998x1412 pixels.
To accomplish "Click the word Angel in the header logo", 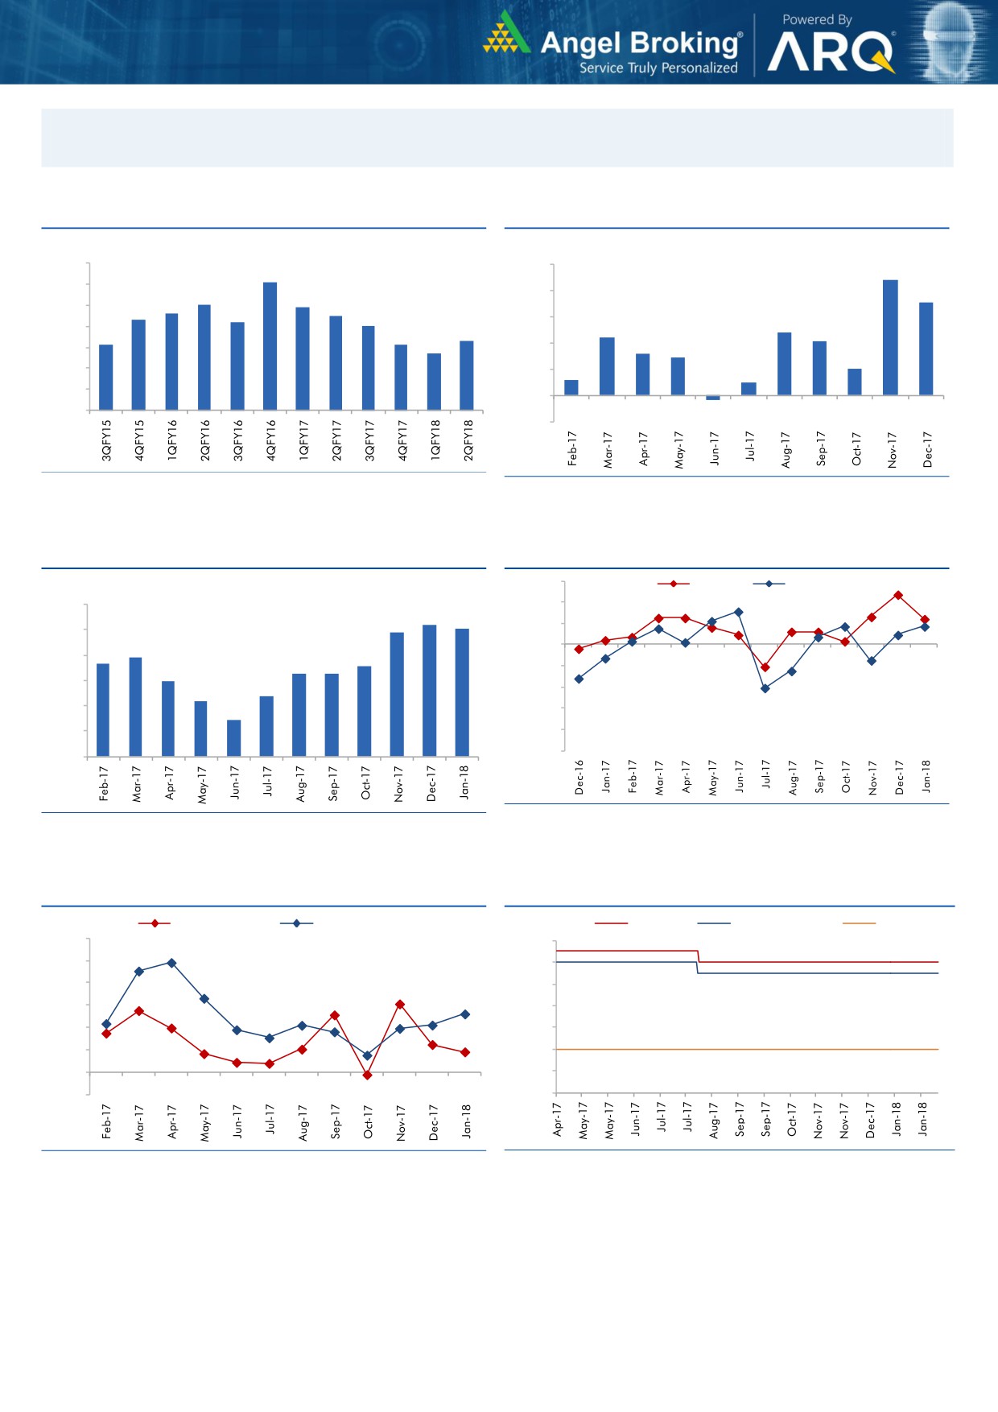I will (x=580, y=42).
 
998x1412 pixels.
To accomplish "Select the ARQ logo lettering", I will (x=830, y=52).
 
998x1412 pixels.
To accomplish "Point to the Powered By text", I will (x=817, y=19).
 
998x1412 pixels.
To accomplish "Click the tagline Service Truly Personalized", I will (x=658, y=68).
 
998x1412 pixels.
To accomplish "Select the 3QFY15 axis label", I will (x=106, y=440).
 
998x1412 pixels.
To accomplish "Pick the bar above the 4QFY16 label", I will (x=270, y=346).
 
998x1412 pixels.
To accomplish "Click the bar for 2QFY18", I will (x=467, y=375).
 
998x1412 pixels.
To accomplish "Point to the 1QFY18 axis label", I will (x=435, y=440).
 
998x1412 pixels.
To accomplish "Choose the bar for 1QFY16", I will (x=171, y=361).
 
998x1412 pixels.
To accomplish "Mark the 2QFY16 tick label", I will (x=204, y=440).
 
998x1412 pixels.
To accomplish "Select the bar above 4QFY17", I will (x=401, y=377).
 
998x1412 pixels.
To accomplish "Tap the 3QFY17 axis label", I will (x=369, y=440).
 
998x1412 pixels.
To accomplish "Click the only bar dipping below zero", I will (x=713, y=398).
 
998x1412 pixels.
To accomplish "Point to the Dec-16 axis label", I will (x=579, y=778).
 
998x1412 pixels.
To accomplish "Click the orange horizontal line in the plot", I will (x=747, y=1049).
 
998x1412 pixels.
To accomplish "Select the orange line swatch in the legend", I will (x=859, y=923).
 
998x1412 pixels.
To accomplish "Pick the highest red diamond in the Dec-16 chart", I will (x=898, y=595).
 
